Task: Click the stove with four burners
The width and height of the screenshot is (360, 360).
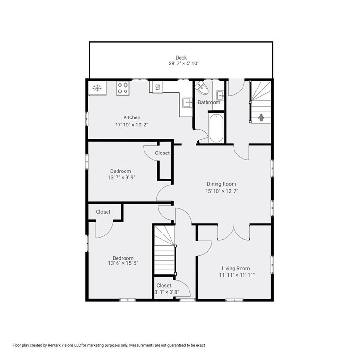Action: tap(123, 88)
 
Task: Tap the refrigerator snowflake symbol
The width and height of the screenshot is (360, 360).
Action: tap(97, 88)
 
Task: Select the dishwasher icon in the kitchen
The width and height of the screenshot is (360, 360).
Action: tap(157, 87)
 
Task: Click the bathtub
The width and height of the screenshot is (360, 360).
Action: tap(216, 128)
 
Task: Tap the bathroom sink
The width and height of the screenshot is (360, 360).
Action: tap(220, 93)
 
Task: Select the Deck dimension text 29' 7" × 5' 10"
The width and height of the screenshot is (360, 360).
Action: tap(180, 63)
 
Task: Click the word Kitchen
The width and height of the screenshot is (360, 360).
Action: tap(132, 117)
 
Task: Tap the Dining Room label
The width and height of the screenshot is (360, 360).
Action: tap(221, 184)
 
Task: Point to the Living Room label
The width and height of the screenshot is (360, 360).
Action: tap(235, 268)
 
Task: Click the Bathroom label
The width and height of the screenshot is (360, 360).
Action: tap(209, 102)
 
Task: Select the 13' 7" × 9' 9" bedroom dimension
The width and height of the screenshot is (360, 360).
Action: tap(120, 179)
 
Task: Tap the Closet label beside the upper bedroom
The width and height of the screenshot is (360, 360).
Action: tap(162, 153)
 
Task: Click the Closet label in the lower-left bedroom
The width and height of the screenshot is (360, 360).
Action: tap(103, 212)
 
